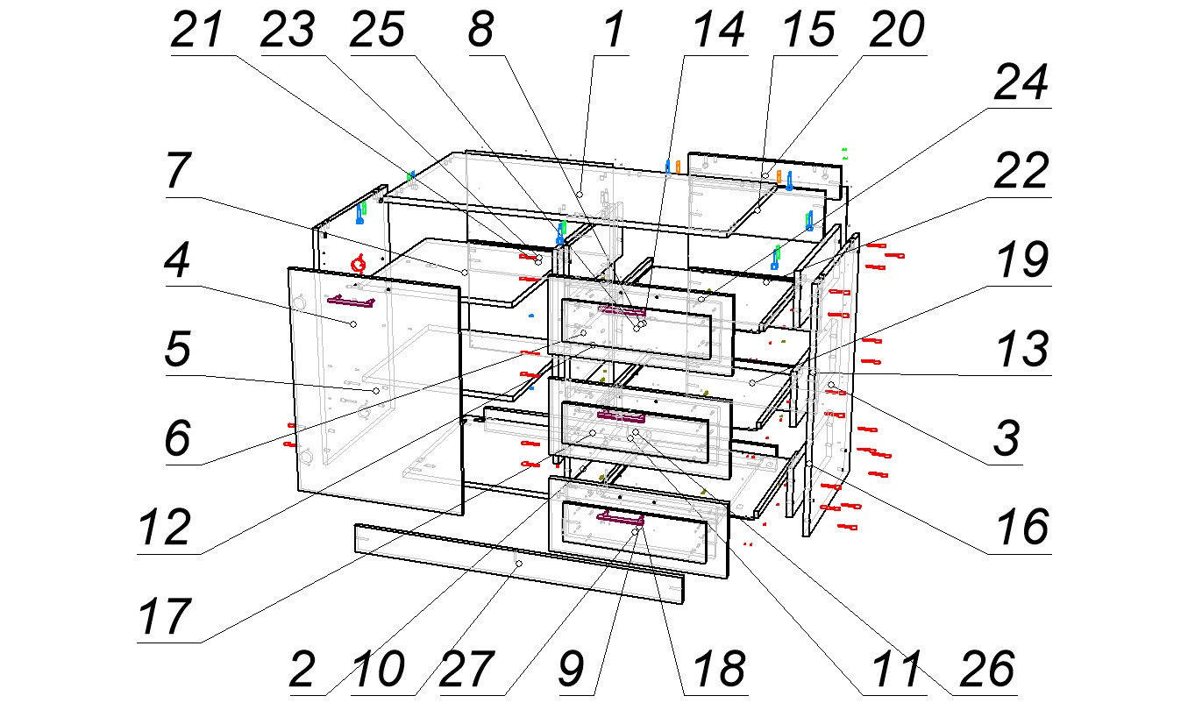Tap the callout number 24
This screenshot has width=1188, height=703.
click(x=1020, y=84)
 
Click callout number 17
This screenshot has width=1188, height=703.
click(x=165, y=616)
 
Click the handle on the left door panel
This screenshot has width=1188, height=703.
click(x=351, y=302)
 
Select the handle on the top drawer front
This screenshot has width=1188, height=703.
click(x=622, y=309)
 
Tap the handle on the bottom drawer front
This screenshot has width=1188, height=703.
click(x=620, y=519)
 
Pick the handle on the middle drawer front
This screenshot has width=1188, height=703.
click(x=620, y=415)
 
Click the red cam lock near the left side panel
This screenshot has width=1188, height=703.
click(x=358, y=263)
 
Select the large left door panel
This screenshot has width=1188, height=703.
click(x=377, y=394)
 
